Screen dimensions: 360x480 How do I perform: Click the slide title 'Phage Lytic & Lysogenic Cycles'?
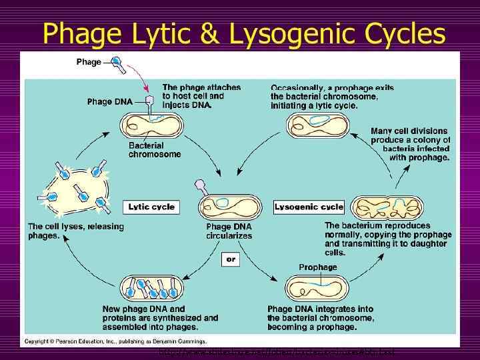coord(243,33)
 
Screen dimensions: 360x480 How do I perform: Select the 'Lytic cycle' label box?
coord(151,207)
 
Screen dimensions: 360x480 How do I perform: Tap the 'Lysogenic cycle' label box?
coord(309,207)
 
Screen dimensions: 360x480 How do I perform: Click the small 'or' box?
coord(231,259)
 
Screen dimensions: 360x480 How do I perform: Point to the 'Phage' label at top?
coord(89,62)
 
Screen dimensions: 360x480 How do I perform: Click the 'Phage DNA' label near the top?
coord(109,102)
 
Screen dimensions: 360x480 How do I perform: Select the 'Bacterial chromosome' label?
coord(154,150)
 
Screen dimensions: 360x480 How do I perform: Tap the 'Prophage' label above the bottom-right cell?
coord(317,267)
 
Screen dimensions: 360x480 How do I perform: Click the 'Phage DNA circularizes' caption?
coord(229,231)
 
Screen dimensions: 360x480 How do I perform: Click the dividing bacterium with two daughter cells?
coord(377,207)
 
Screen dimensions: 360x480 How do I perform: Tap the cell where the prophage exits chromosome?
coord(317,125)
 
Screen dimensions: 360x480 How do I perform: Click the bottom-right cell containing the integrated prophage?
coord(317,288)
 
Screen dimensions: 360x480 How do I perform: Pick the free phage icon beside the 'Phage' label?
coord(117,63)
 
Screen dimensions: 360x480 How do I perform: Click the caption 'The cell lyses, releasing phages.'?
coord(75,231)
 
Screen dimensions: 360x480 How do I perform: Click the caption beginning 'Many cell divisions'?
coord(410,145)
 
